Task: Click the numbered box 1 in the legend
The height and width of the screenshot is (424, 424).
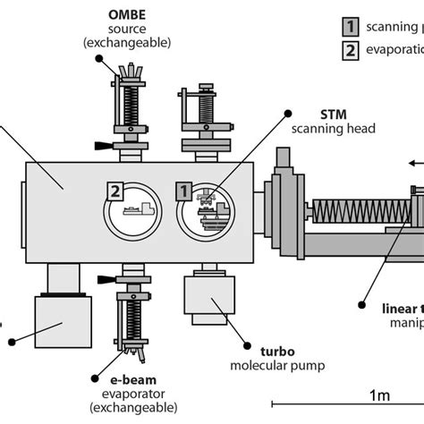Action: point(350,27)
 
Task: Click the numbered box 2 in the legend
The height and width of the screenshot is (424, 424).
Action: point(350,50)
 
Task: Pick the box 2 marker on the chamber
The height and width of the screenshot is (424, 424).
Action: point(114,191)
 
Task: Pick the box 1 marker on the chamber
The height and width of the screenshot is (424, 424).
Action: point(182,190)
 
